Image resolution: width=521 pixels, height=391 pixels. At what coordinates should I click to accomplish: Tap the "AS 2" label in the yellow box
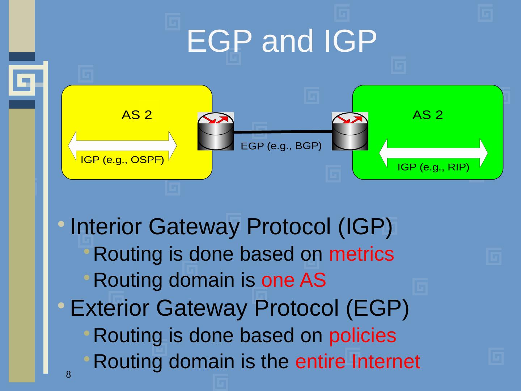click(x=136, y=115)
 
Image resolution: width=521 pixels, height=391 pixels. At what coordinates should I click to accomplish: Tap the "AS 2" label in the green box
click(x=428, y=115)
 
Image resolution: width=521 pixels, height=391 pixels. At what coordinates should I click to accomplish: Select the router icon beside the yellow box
click(x=216, y=131)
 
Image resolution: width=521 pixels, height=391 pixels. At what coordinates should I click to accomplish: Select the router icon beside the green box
click(x=350, y=131)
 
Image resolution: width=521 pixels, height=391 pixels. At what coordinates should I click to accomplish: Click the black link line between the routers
click(x=283, y=132)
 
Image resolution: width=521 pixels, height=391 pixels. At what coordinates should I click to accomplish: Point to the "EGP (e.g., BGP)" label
click(x=281, y=146)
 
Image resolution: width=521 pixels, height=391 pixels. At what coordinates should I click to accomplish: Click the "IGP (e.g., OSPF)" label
click(x=122, y=160)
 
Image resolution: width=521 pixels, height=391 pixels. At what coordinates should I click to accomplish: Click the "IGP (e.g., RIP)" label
click(x=433, y=167)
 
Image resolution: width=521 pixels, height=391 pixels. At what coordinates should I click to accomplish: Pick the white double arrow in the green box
click(x=433, y=152)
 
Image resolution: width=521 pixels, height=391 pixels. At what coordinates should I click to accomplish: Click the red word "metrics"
click(x=361, y=254)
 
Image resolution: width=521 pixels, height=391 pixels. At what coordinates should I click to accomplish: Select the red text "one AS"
click(x=293, y=280)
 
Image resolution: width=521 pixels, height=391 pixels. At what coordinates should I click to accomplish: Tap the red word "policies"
click(x=363, y=335)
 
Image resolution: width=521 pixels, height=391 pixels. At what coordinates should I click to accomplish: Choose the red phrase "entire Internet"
click(x=357, y=361)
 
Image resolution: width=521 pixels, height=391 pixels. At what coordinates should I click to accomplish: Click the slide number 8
click(x=68, y=374)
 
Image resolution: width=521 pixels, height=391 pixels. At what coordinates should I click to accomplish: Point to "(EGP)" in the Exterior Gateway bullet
click(x=377, y=308)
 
